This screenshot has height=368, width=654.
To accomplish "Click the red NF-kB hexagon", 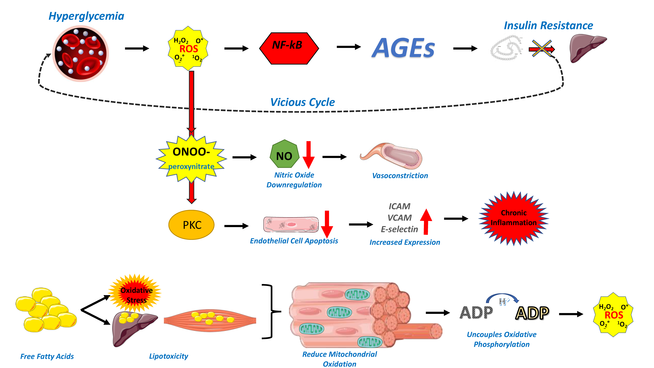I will pyautogui.click(x=289, y=48).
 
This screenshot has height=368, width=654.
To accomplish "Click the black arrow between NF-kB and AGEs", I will pyautogui.click(x=349, y=47).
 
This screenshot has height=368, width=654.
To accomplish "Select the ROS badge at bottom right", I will pyautogui.click(x=613, y=315).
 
